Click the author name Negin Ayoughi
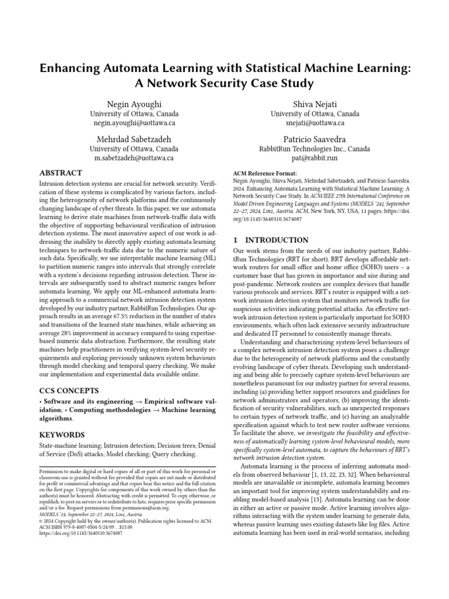pos(134,104)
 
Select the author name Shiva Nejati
pos(315,104)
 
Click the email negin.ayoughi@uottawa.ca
pos(134,123)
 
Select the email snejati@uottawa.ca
pos(315,123)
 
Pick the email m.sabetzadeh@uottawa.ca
pos(134,159)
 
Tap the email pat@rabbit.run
pos(315,159)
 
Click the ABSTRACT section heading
pos(60,173)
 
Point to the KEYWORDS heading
pos(61,435)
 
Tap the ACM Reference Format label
pos(265,174)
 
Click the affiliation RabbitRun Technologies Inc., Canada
pos(315,149)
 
